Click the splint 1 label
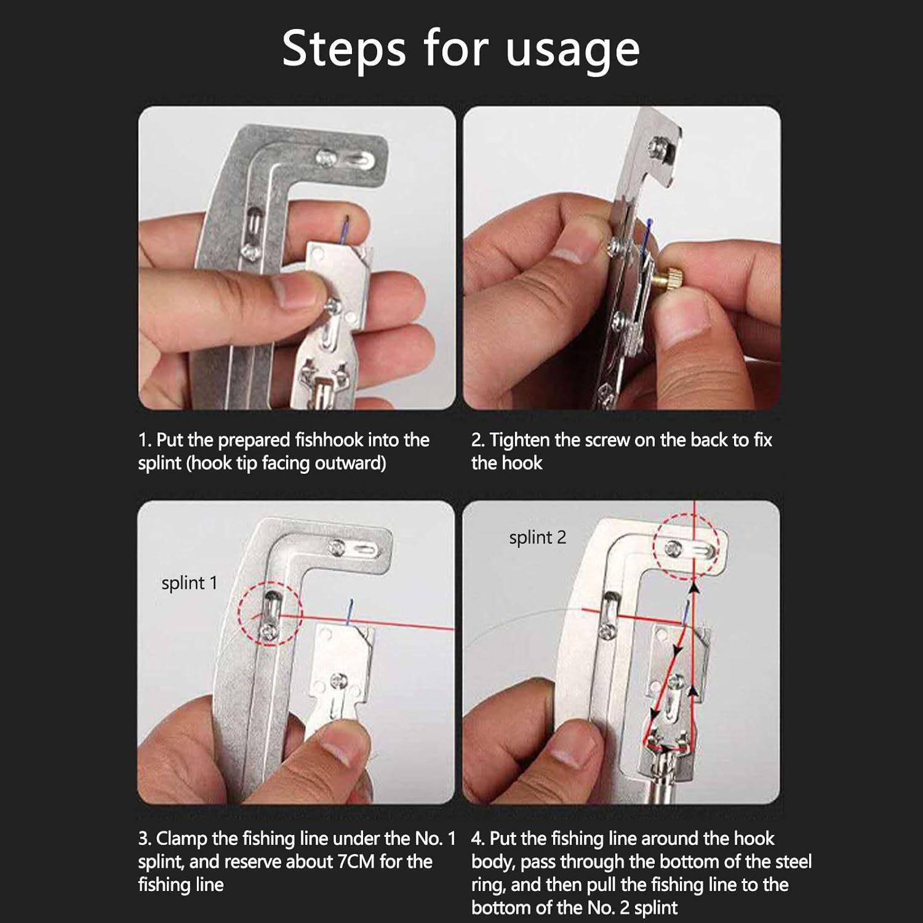coord(190,583)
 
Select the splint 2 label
coord(537,538)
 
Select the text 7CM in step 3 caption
coord(356,861)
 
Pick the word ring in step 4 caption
coord(489,885)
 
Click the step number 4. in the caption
coord(477,839)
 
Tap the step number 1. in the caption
coord(145,440)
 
